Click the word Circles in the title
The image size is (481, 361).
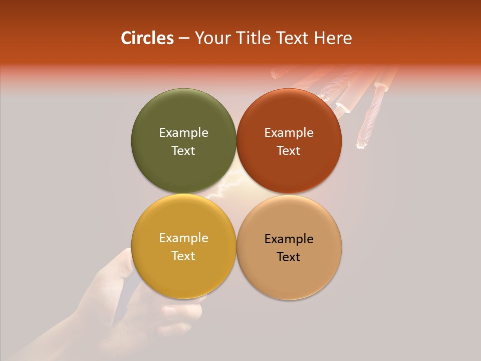[147, 38]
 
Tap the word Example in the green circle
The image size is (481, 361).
[183, 132]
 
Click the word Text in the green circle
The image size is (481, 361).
[183, 150]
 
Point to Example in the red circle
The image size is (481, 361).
[289, 132]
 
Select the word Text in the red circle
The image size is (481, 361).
[289, 150]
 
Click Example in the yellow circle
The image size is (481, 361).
[183, 238]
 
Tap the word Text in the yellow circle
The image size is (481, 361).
[183, 256]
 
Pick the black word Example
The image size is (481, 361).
[289, 239]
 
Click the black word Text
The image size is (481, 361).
[289, 257]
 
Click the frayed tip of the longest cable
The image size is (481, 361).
[360, 145]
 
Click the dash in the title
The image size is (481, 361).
[184, 39]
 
